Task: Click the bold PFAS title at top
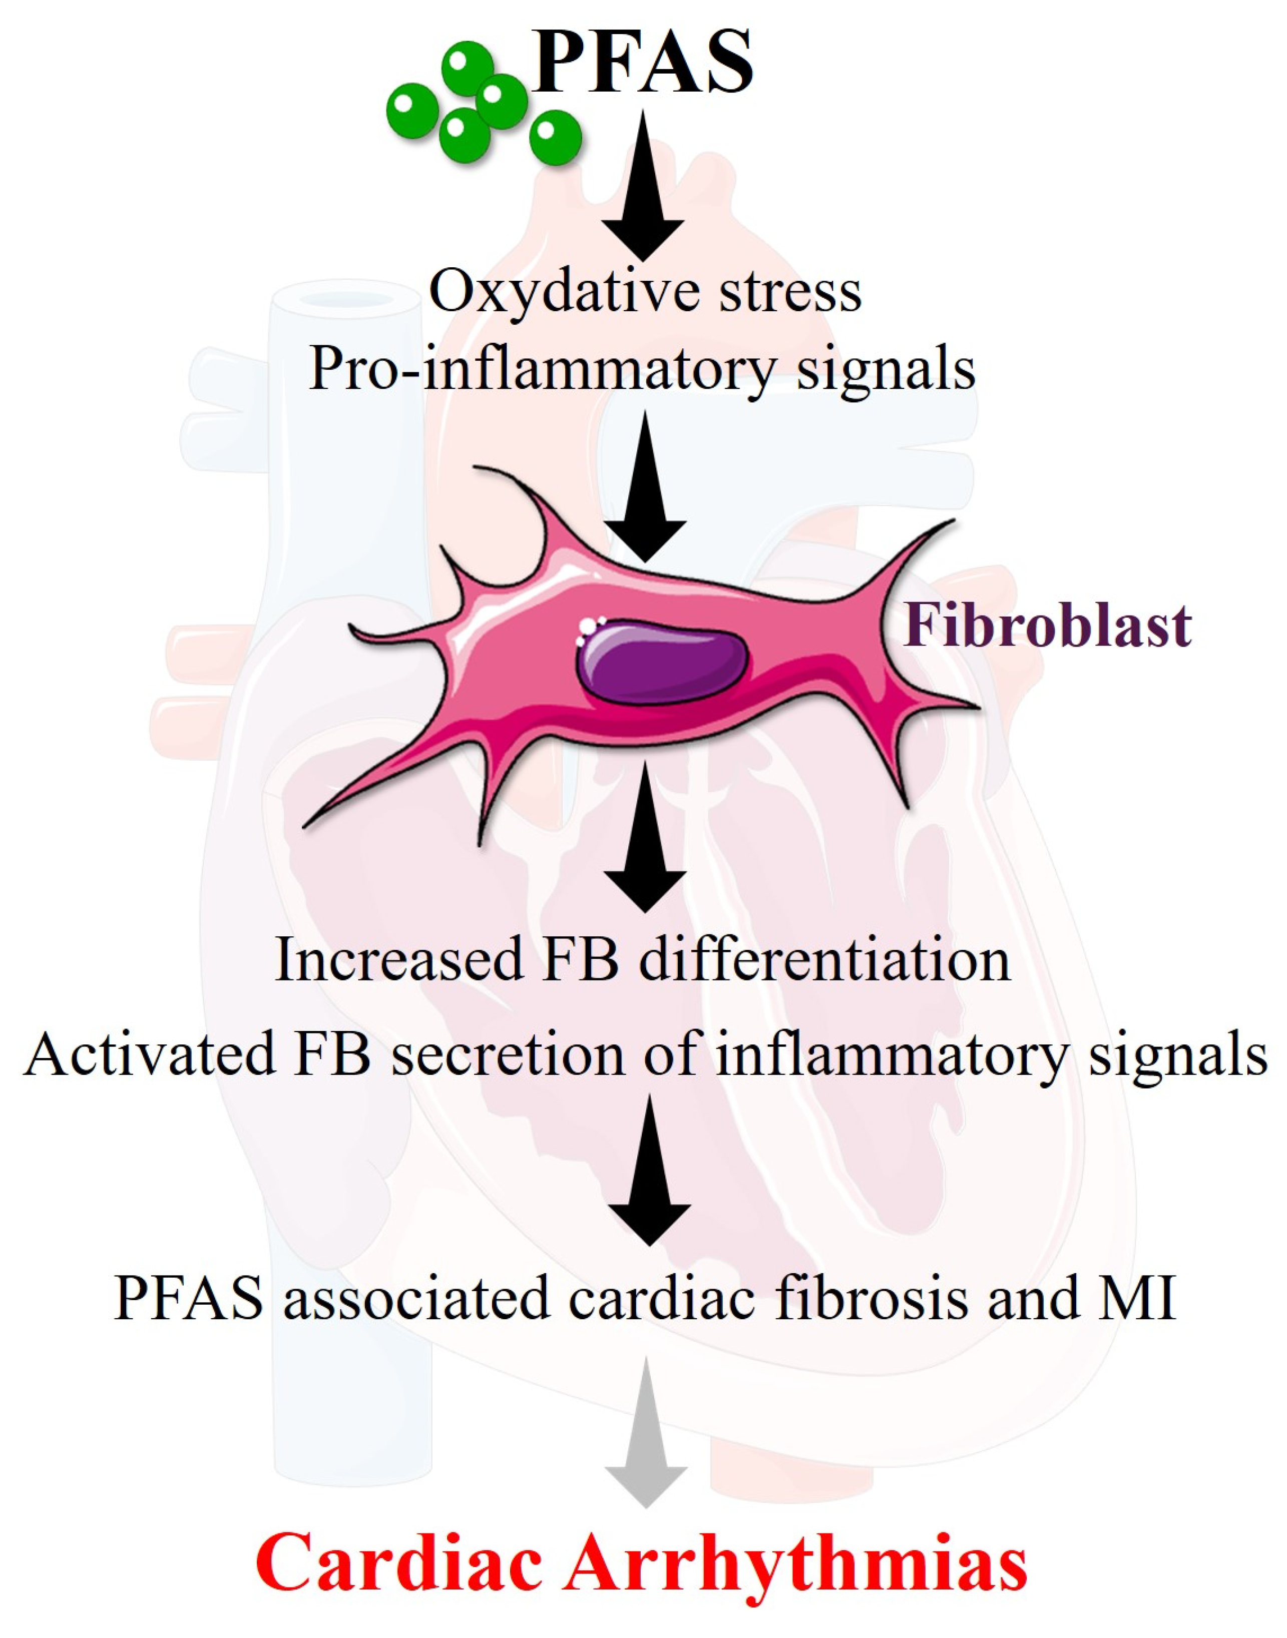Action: (642, 62)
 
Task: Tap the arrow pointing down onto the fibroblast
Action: (645, 490)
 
